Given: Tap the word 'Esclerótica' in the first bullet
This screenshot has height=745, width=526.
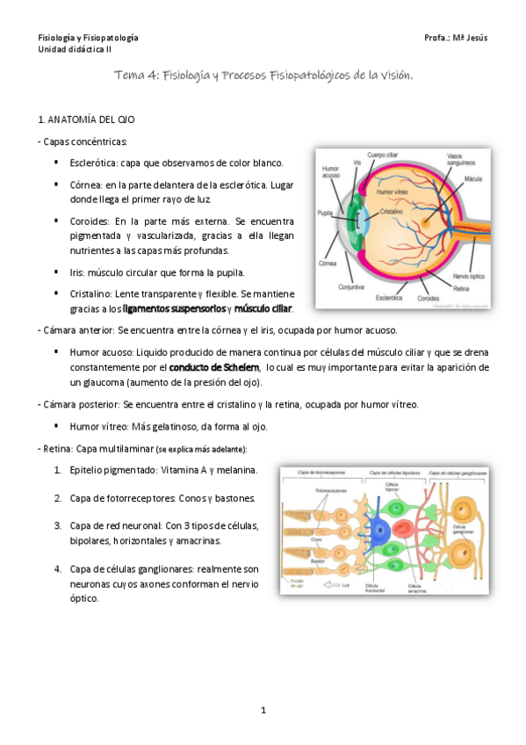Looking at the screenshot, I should click(x=93, y=163).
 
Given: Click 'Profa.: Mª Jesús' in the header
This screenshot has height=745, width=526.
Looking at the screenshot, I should click(x=455, y=39).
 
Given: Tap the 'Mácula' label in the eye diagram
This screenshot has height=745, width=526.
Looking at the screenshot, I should click(x=474, y=177).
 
